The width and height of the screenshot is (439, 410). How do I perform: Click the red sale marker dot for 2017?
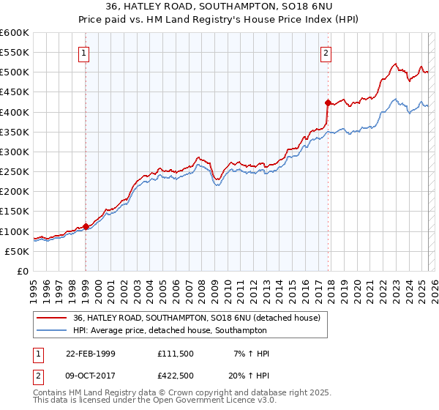click(x=328, y=102)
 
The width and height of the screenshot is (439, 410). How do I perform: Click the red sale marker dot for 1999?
click(x=86, y=226)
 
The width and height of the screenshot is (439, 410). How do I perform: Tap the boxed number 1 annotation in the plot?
click(x=85, y=53)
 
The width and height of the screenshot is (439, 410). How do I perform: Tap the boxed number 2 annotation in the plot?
click(x=326, y=53)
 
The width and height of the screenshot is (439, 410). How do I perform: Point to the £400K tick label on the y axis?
click(x=15, y=112)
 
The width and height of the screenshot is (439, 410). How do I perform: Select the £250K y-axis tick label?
click(x=15, y=172)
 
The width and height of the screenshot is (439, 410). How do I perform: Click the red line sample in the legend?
click(x=53, y=318)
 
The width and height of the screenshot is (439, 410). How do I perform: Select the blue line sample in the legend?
click(x=53, y=330)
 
